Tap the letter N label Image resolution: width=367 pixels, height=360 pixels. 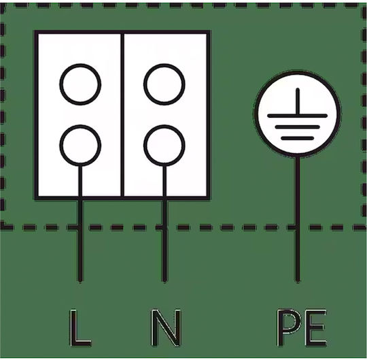coord(165,327)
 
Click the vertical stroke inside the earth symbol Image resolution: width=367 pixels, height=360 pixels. coord(298,101)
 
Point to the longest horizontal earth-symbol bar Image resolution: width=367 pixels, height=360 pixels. coord(297,116)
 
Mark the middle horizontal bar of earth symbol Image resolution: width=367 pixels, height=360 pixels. coord(297,127)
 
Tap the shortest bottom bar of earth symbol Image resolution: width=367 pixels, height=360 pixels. coord(297,138)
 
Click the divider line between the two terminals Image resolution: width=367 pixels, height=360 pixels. coord(122,115)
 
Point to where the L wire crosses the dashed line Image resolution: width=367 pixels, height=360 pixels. coord(80,227)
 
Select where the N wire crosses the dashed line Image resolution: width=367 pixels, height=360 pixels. coord(164,227)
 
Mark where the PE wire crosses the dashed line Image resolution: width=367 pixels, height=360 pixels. coord(297,227)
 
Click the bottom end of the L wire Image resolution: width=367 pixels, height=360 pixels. coord(80,281)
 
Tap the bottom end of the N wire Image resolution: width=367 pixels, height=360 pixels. coord(164,281)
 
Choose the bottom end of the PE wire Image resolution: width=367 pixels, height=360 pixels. coord(297,281)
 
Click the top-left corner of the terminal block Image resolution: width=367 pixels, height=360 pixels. coord(35,31)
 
